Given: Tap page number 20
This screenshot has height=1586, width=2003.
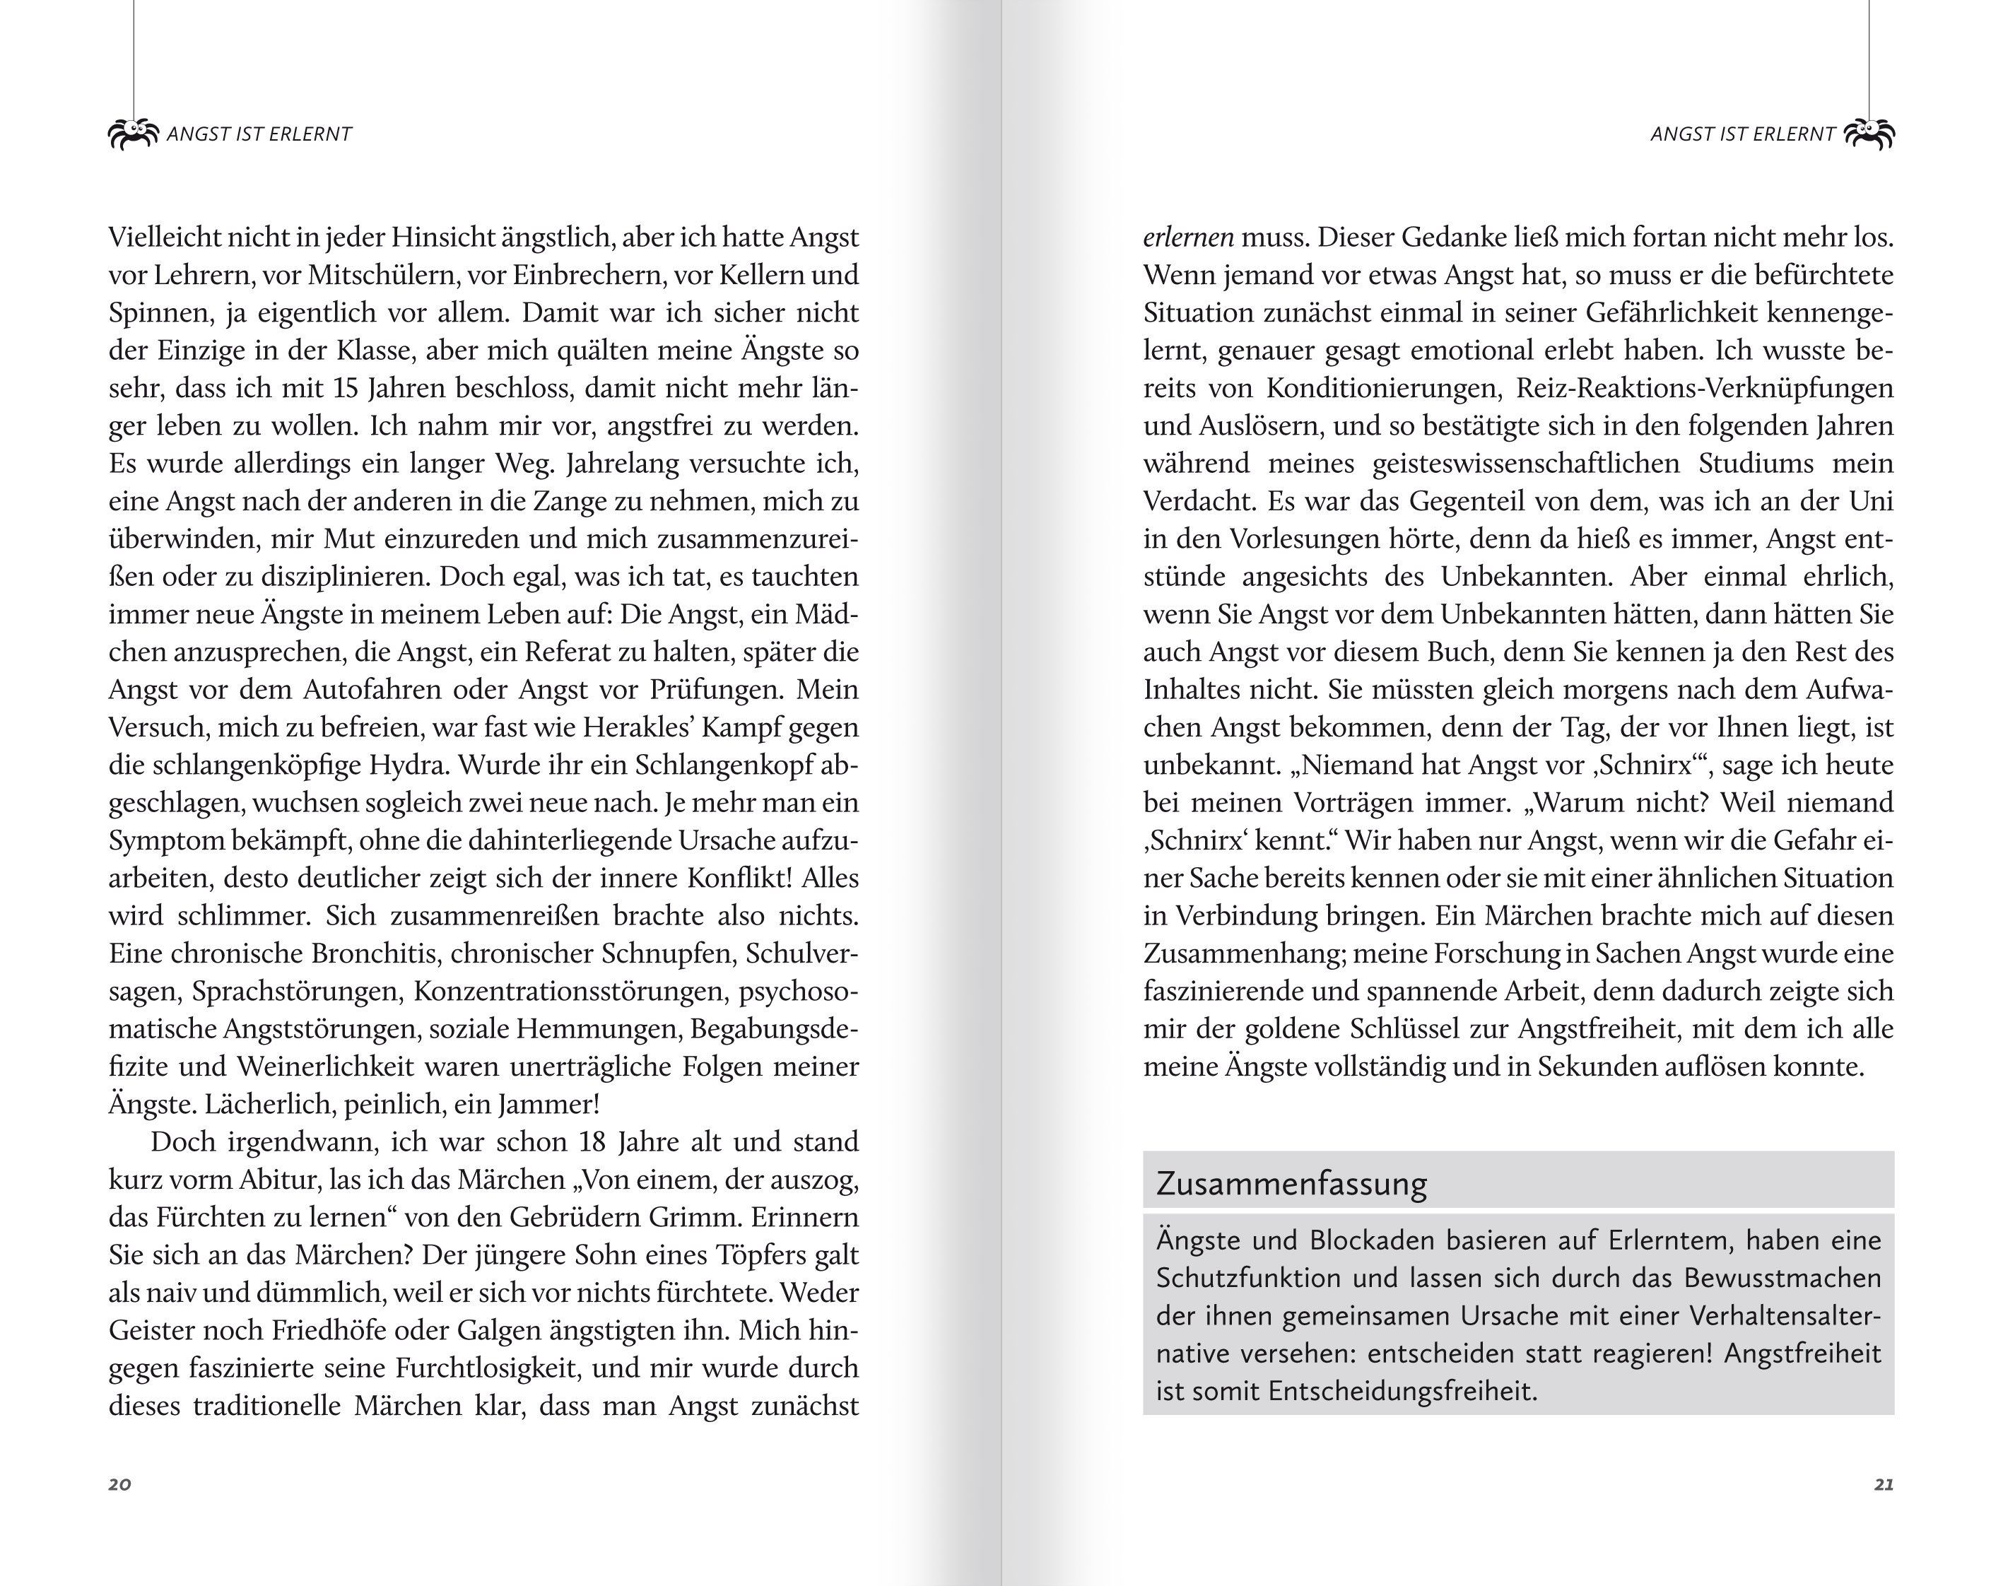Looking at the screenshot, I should (x=119, y=1484).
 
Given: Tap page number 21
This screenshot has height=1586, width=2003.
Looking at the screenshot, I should (x=1884, y=1484).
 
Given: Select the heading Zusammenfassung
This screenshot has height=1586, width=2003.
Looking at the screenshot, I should (x=1291, y=1184).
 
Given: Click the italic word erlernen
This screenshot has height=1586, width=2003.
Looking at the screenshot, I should (x=1187, y=237).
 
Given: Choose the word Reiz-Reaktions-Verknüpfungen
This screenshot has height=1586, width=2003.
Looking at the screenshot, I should (x=1705, y=388).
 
